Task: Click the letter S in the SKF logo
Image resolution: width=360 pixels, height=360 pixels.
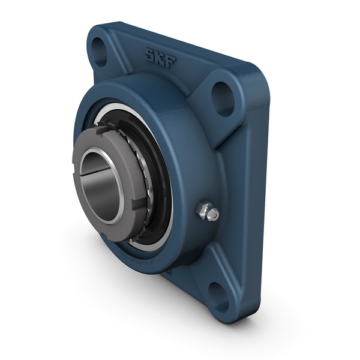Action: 148,55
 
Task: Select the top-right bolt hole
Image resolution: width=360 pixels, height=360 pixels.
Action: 223,98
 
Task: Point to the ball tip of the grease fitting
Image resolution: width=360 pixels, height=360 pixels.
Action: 213,214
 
